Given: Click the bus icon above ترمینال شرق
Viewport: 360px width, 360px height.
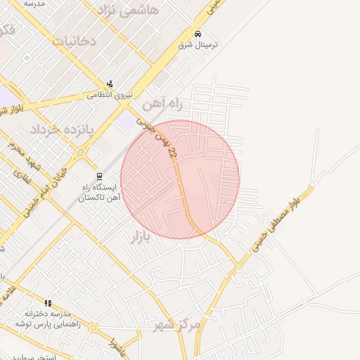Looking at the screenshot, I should coord(198,34).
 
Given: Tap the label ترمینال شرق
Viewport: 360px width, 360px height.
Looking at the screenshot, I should coord(198,44).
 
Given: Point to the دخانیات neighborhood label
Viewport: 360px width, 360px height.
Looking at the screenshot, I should coord(73,41).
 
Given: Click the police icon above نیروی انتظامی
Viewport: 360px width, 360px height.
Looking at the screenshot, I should coord(109,84).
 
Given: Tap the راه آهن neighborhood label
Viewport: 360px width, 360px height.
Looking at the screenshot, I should coord(163,104).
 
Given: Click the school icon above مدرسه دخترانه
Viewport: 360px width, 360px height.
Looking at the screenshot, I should coord(48,302).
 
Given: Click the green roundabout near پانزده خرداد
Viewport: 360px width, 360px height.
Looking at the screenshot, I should coord(80,153).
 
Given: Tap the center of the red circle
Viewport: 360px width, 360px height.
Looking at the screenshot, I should coord(180,179).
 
